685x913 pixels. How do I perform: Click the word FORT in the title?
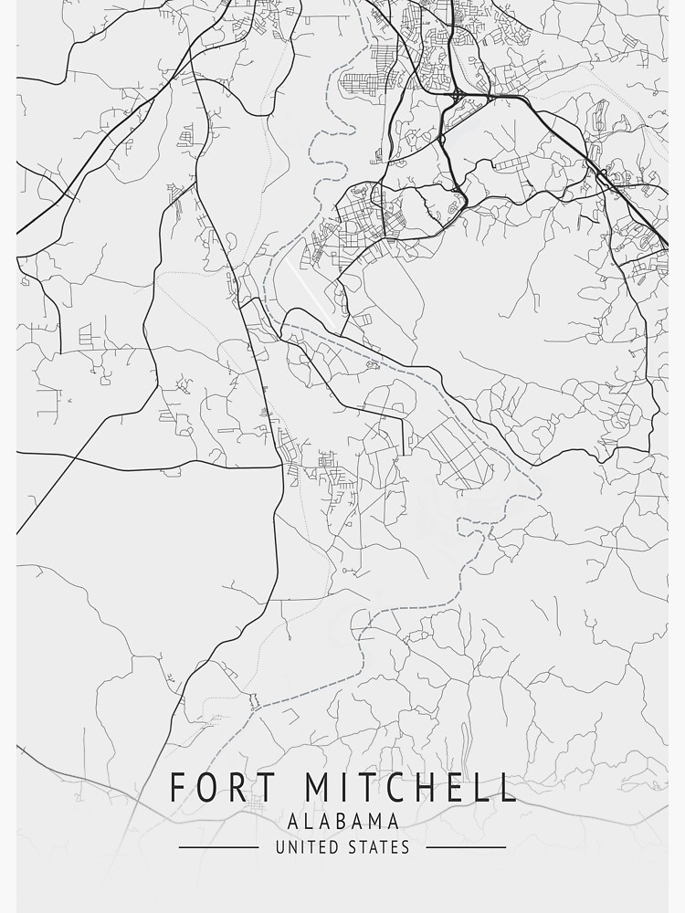click(x=206, y=788)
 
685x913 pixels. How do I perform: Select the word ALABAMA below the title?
click(x=342, y=822)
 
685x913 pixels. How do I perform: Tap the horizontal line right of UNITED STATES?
click(x=466, y=847)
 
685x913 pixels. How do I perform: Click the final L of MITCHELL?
click(x=508, y=788)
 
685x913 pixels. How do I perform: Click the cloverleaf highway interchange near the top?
click(x=456, y=94)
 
